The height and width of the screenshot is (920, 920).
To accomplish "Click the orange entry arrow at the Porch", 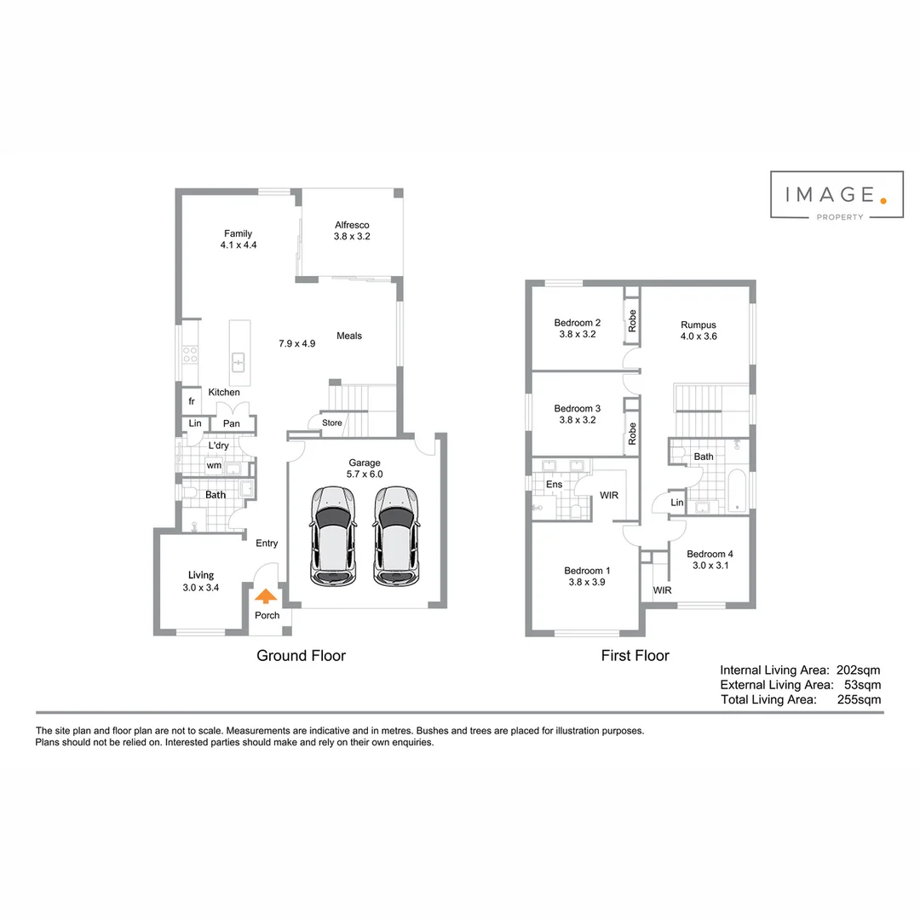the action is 266,596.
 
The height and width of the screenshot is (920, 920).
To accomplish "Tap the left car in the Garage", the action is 333,536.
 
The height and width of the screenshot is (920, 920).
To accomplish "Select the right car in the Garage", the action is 397,536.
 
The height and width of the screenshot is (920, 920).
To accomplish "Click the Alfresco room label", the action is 352,225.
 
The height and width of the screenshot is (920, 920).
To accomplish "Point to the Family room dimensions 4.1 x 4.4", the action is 239,245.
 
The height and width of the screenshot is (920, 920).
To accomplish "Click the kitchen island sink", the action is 239,362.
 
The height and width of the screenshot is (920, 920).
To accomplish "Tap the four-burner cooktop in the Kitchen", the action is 190,354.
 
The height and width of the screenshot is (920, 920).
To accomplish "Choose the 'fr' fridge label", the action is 192,401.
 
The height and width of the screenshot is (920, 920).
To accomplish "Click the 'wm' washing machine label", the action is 214,465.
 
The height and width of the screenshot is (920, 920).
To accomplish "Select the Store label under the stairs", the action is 332,423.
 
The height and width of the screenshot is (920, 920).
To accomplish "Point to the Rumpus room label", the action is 699,325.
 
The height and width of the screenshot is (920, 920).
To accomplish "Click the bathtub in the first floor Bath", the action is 737,491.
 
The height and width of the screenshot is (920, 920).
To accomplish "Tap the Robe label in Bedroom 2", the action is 632,321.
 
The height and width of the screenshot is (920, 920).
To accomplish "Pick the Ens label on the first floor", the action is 554,484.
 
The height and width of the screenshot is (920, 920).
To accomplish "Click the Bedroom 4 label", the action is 710,554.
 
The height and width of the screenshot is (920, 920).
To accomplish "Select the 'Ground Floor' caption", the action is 301,655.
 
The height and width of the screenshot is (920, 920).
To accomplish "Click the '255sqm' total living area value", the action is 859,699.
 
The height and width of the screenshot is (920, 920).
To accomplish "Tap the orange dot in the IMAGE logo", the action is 883,201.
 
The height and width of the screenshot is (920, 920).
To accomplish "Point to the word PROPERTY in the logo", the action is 840,217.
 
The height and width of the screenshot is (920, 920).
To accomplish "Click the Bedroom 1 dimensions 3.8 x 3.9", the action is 587,582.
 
